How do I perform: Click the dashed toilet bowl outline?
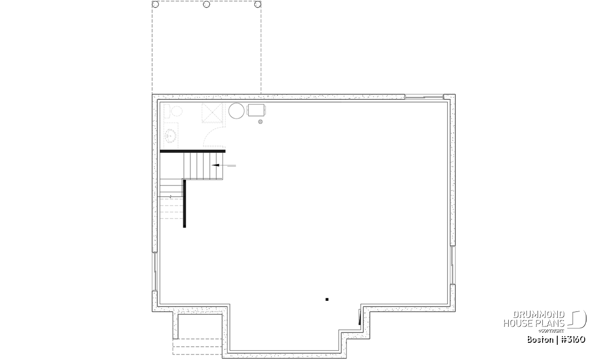tap(176, 111)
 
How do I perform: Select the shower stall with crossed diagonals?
tap(212, 113)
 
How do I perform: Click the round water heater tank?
tap(237, 111)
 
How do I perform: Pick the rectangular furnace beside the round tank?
tap(256, 110)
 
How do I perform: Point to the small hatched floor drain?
tap(260, 122)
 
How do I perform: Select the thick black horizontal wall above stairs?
tap(193, 151)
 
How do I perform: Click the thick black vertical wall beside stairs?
tap(184, 204)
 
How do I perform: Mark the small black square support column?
tap(327, 300)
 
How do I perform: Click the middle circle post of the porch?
tap(207, 5)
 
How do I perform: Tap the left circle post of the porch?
tap(155, 5)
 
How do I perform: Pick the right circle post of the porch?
tap(257, 5)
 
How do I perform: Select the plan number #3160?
tap(573, 340)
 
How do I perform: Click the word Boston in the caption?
tap(540, 340)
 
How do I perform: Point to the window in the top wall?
tap(424, 97)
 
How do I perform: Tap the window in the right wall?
tap(453, 265)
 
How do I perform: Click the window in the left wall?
tap(155, 271)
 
